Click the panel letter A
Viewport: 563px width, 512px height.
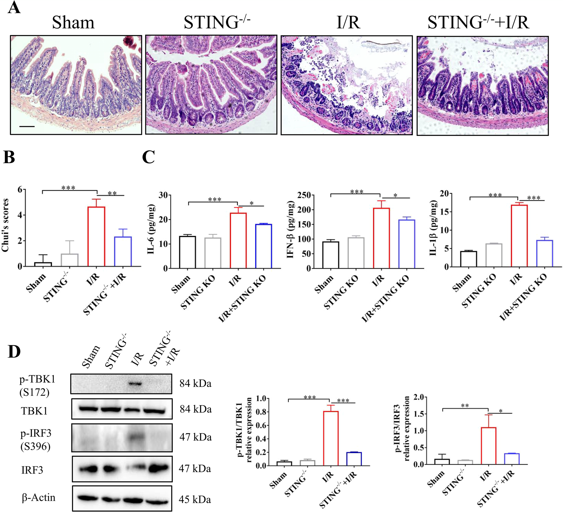coord(14,8)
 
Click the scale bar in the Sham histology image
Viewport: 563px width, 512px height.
coord(27,127)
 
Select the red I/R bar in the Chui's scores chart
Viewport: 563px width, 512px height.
coord(96,237)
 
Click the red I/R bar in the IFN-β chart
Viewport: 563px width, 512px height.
coord(381,238)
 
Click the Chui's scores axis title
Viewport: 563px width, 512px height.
coord(5,225)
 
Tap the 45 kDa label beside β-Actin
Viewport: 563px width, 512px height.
coord(195,500)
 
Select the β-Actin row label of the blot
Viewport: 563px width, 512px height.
coord(38,498)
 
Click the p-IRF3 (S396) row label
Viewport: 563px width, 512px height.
coord(36,440)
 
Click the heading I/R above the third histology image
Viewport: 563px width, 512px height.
coord(348,23)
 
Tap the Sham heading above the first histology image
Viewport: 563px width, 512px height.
coord(73,23)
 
